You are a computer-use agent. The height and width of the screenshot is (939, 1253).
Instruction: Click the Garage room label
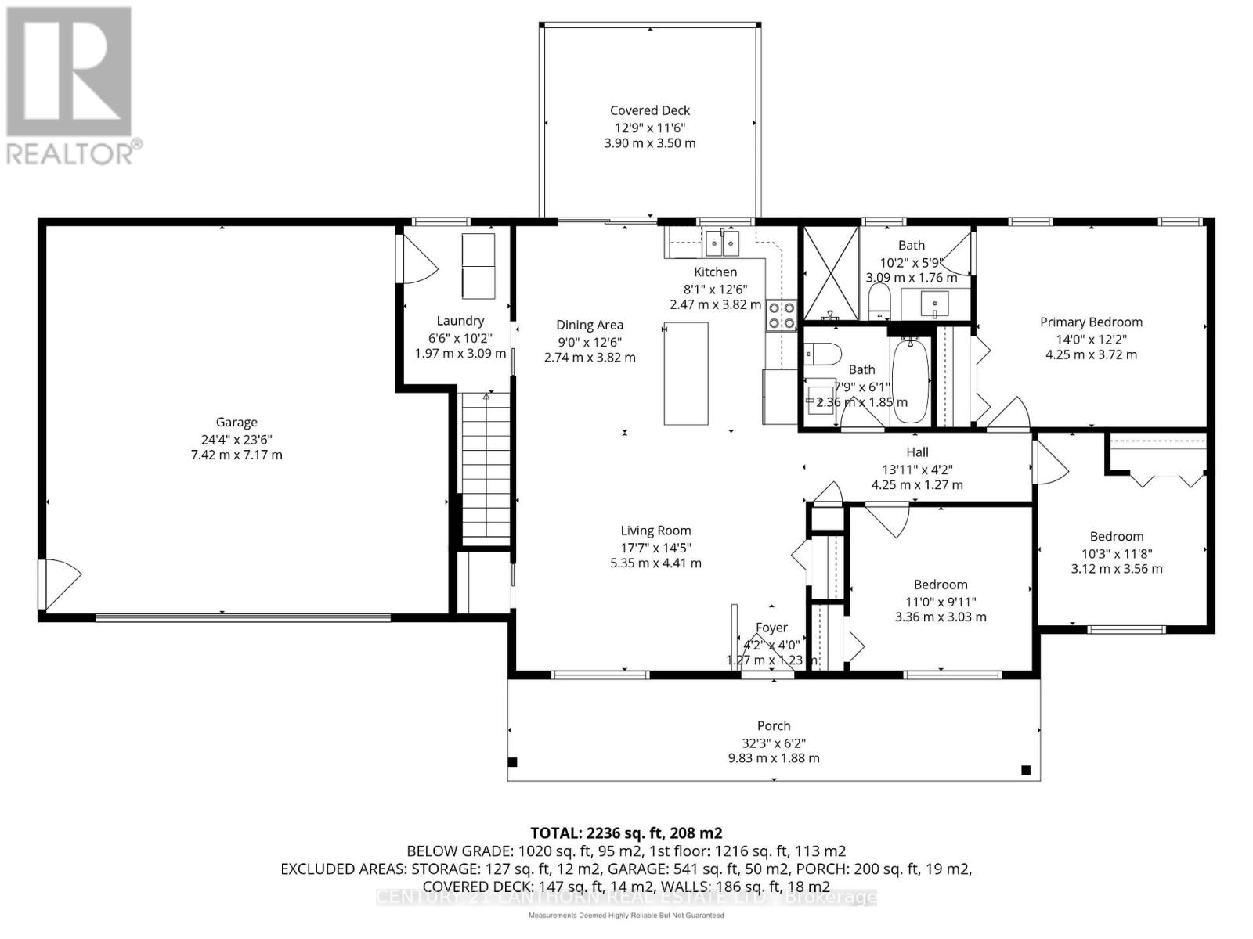(x=237, y=423)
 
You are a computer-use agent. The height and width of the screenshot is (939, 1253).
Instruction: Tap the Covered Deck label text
(x=650, y=111)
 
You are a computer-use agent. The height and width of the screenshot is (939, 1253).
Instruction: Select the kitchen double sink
(x=722, y=243)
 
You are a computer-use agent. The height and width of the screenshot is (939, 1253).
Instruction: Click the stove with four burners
(x=782, y=315)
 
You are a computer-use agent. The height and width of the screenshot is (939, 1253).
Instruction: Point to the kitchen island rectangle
(x=686, y=373)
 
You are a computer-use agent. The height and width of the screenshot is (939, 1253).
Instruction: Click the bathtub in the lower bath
(x=910, y=380)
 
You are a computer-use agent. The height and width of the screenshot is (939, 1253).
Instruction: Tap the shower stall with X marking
(x=831, y=274)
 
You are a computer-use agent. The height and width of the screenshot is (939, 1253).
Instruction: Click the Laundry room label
(x=460, y=321)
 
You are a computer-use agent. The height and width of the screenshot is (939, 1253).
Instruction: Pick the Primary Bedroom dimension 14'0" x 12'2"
(x=1092, y=339)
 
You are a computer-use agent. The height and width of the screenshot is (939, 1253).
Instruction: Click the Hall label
(x=917, y=452)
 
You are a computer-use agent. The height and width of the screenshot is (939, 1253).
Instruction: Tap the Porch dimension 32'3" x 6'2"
(x=774, y=743)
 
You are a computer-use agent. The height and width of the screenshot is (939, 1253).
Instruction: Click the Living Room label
(x=655, y=531)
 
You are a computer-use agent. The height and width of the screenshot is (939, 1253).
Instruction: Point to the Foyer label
(x=771, y=628)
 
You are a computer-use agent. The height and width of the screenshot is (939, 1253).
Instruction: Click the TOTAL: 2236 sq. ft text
(x=626, y=833)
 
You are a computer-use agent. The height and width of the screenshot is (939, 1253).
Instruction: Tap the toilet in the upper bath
(x=880, y=302)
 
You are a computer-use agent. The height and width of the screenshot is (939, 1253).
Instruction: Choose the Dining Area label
(x=590, y=325)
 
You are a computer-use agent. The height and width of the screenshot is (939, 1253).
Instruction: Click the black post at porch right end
(x=1026, y=771)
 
